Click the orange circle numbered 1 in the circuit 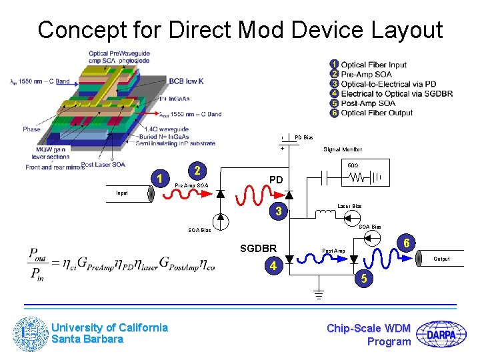click(159, 178)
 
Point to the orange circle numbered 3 click(281, 212)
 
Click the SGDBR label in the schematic click(259, 249)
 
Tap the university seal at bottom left click(31, 333)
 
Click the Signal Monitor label click(343, 150)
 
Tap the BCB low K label click(186, 80)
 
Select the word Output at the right click(442, 259)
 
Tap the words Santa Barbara click(87, 339)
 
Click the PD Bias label click(304, 137)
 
